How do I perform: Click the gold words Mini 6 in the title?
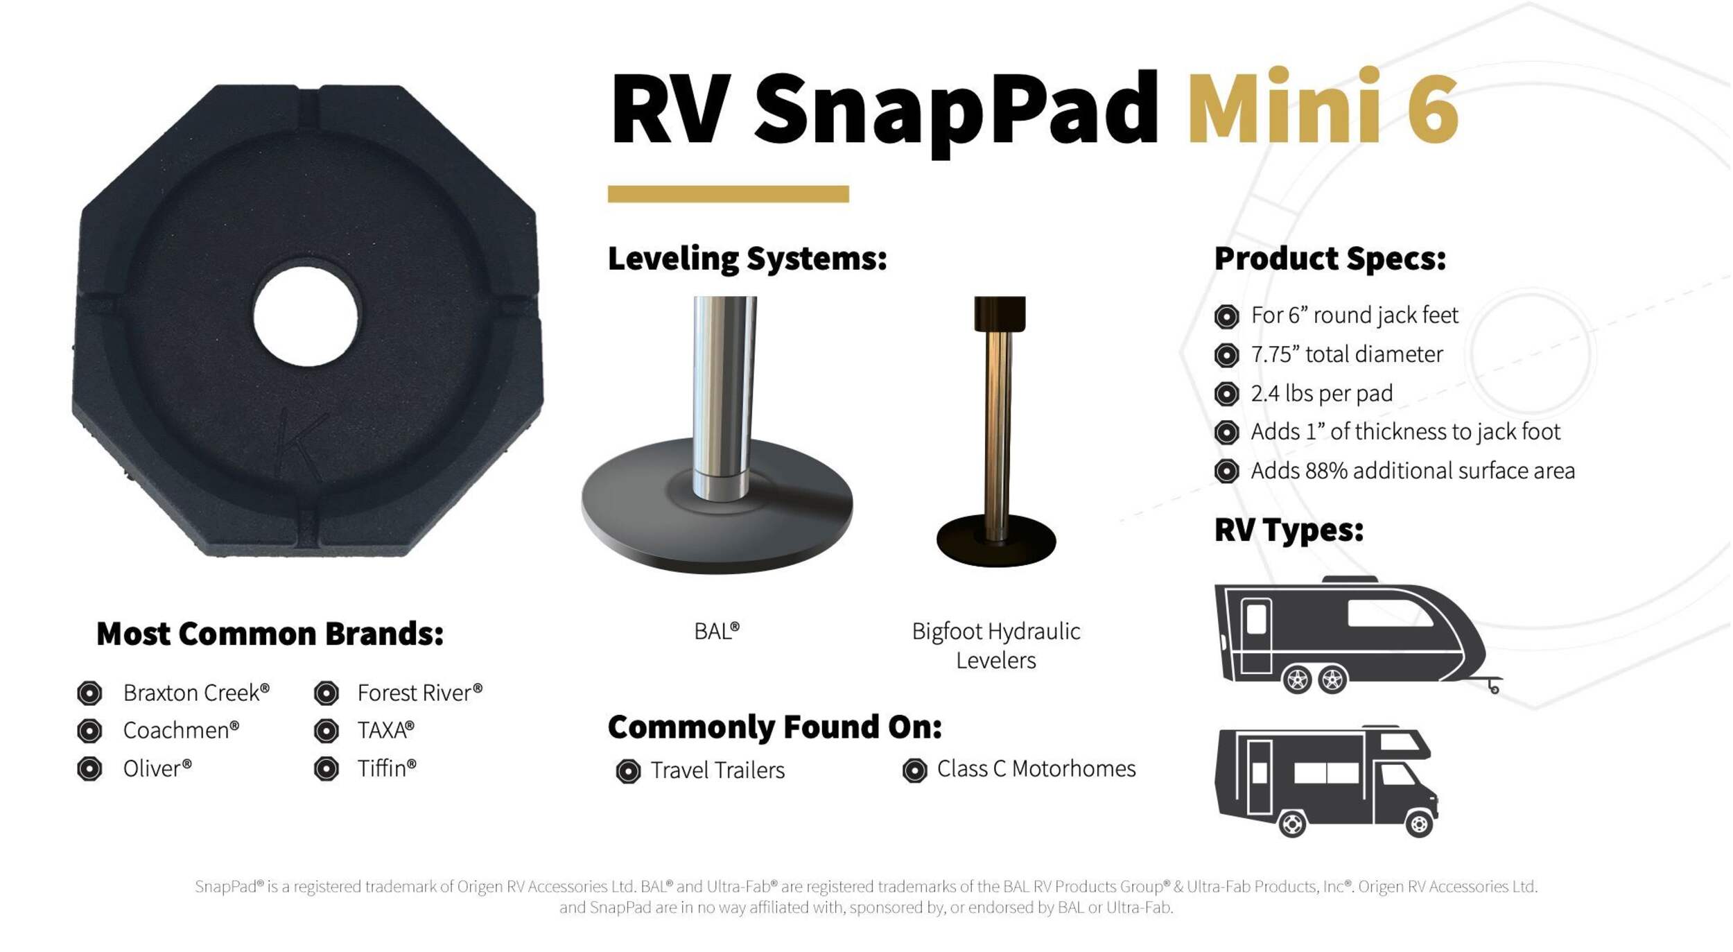pos(1323,107)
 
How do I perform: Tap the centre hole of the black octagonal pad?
pos(306,317)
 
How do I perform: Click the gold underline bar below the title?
pos(728,193)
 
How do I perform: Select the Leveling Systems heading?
pos(747,259)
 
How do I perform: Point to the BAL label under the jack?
pos(717,631)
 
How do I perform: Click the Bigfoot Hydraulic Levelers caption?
pos(996,646)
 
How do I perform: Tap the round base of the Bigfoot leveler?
pos(996,541)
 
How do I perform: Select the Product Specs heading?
pos(1330,259)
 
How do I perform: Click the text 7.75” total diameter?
pos(1347,354)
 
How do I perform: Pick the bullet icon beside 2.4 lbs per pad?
pos(1226,394)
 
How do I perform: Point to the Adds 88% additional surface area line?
pos(1413,471)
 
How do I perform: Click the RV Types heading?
pos(1289,530)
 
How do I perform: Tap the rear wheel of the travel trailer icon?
pos(1298,680)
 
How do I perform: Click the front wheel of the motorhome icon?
pos(1419,824)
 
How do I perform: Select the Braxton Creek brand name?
pos(196,693)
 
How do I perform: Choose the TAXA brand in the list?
pos(385,730)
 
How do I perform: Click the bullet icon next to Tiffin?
pos(326,768)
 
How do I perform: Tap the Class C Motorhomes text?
pos(1036,768)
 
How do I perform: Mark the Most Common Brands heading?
pos(270,634)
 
